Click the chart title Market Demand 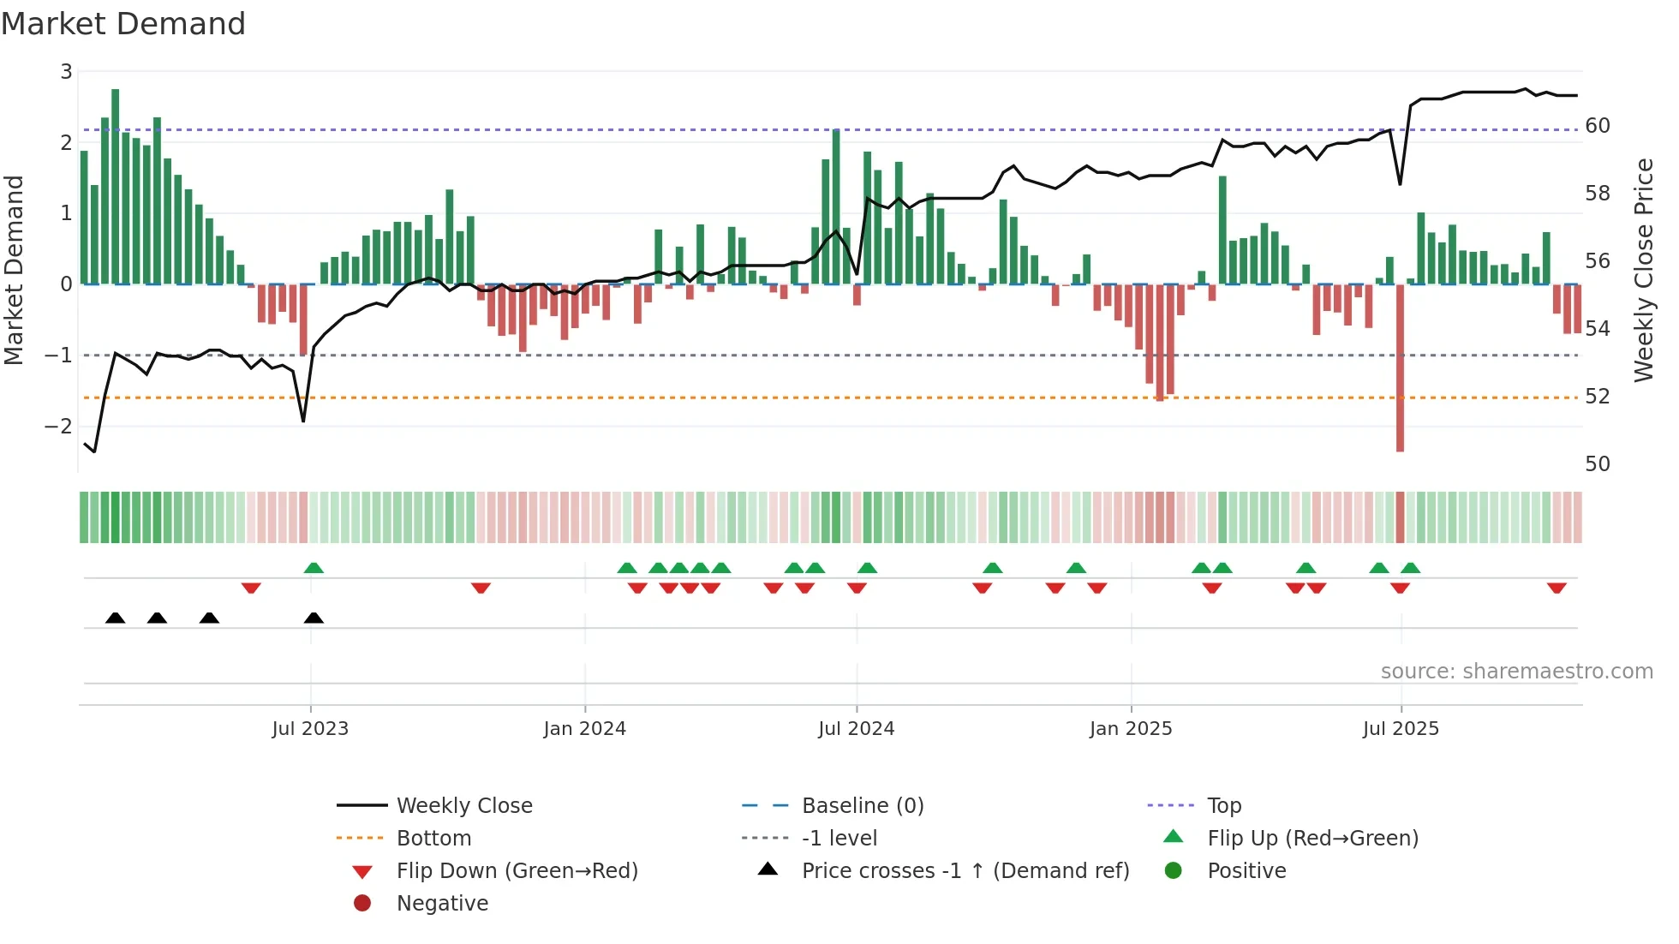click(123, 24)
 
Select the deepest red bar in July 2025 click(1400, 368)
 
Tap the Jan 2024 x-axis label click(584, 729)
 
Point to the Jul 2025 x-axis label click(1401, 729)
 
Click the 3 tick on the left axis click(66, 72)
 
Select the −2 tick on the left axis click(58, 426)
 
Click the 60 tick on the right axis click(1598, 126)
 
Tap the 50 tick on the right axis click(1598, 464)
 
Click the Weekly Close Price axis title click(1643, 270)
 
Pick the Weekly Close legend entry click(463, 806)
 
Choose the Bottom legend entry click(433, 839)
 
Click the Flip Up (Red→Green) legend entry click(1312, 839)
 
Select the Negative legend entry click(442, 904)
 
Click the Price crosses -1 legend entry click(965, 871)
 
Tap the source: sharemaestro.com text click(1516, 672)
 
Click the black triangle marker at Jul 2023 click(314, 618)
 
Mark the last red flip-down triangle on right click(1557, 588)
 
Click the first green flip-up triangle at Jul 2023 click(314, 568)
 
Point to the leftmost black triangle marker click(115, 618)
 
